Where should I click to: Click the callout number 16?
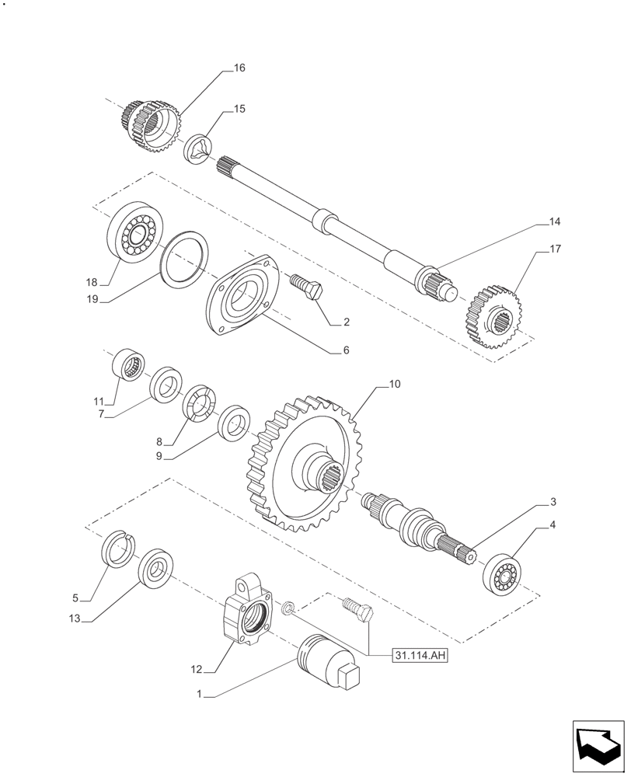239,68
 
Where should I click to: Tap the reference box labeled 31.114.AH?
420,655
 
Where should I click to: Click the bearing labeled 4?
503,573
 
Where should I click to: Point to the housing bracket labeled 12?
248,612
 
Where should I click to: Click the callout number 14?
553,221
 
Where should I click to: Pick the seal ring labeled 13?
155,567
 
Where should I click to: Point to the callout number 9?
159,457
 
